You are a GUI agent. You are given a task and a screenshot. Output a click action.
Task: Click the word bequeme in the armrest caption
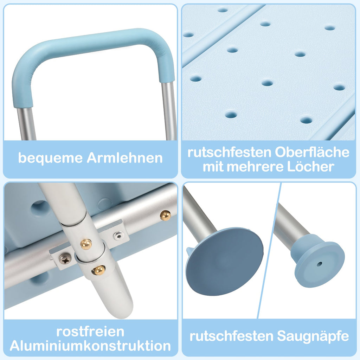click(50, 158)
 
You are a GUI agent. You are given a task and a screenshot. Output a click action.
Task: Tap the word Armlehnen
click(124, 158)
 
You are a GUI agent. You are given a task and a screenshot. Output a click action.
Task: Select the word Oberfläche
click(312, 153)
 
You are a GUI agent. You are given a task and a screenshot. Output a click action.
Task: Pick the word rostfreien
click(90, 332)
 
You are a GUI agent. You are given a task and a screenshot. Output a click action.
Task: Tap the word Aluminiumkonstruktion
click(90, 346)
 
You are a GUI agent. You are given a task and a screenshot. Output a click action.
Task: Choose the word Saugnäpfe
click(313, 336)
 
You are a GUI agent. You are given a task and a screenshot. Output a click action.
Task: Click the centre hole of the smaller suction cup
click(319, 264)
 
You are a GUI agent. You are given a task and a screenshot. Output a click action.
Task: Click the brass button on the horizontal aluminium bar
click(166, 215)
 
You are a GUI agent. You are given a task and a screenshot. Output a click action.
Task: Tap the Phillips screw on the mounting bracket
click(65, 259)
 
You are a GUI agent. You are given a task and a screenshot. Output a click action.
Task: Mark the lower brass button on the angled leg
click(99, 270)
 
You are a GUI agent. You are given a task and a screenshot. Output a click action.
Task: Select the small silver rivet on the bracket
click(119, 235)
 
